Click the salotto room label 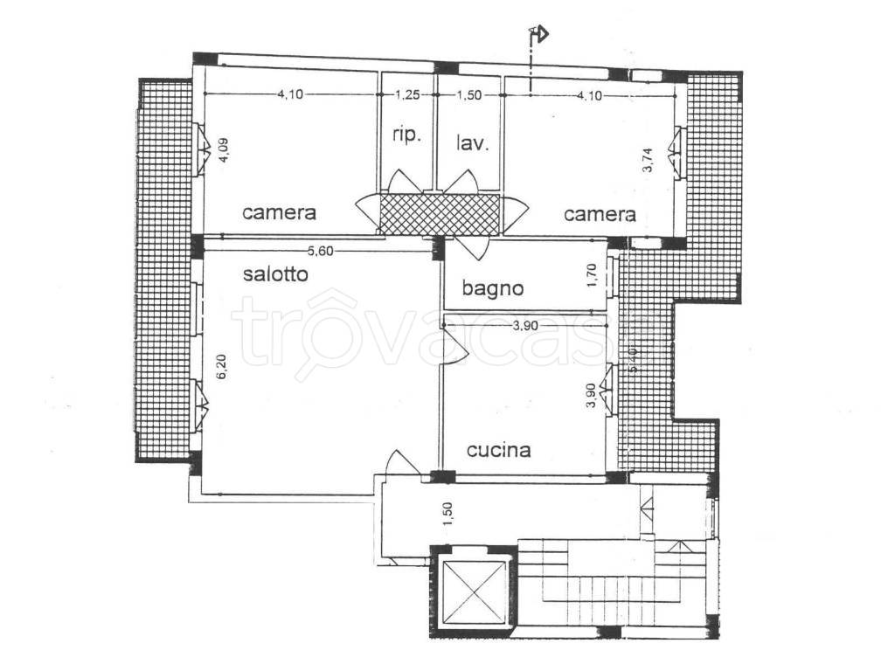click(x=275, y=273)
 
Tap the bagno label click(x=493, y=288)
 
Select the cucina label click(x=499, y=450)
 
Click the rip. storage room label click(x=406, y=135)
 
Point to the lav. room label click(x=473, y=142)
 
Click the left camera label click(x=279, y=213)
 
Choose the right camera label click(x=600, y=214)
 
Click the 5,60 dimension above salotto click(x=320, y=251)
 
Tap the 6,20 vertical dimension click(x=222, y=367)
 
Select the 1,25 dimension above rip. click(x=408, y=94)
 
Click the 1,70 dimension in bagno click(x=592, y=275)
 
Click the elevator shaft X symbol click(x=475, y=591)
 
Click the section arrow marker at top click(x=538, y=34)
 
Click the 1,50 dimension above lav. click(x=469, y=95)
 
